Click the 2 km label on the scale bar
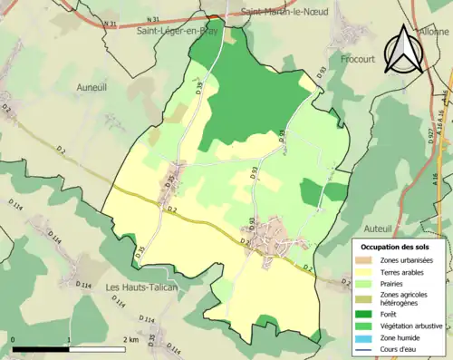130,339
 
